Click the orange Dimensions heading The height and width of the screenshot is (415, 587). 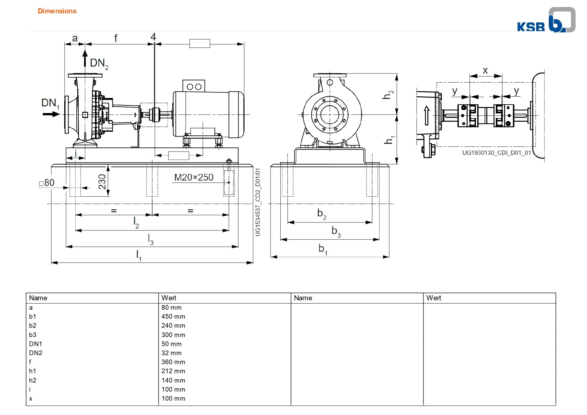pos(57,11)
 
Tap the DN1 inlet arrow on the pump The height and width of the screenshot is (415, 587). pos(51,114)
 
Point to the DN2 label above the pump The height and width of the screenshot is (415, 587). pos(99,63)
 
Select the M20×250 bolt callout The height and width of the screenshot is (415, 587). pos(194,177)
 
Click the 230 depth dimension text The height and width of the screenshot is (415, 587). pos(102,182)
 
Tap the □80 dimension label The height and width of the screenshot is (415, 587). pos(46,183)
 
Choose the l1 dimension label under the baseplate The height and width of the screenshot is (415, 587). pos(139,255)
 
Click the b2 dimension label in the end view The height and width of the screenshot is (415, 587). pos(322,214)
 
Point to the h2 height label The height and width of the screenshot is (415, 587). pos(388,95)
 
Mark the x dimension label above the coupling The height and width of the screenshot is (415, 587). pos(485,71)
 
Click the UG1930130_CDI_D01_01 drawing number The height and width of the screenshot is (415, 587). pos(497,153)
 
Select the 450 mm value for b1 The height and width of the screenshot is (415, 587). pos(173,316)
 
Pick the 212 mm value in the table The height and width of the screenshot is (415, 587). pos(173,371)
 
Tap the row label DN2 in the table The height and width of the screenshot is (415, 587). pos(36,353)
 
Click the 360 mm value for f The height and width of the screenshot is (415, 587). pos(173,362)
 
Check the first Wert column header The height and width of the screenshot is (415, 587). pos(169,298)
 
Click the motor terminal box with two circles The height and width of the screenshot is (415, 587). pos(194,86)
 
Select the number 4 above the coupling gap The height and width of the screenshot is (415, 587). pos(153,36)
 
